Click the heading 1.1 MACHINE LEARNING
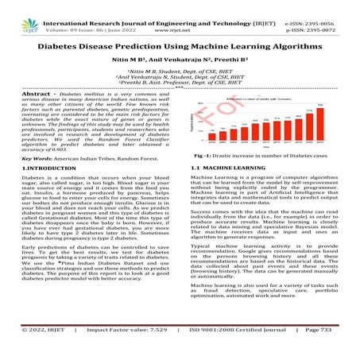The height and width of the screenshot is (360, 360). point(224,192)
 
